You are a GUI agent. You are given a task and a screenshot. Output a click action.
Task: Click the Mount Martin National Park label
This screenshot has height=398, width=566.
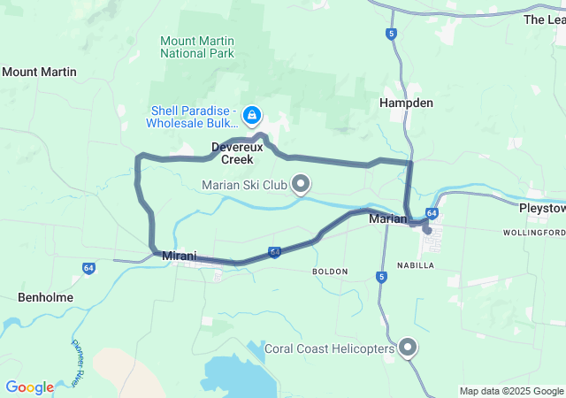point(196,46)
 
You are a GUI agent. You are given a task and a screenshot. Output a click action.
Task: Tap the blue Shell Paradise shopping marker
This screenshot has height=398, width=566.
point(252,115)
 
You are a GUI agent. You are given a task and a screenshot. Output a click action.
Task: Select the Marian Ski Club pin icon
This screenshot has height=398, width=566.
point(302,184)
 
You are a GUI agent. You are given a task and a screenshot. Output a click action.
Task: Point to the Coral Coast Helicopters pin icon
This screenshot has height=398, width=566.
point(408,348)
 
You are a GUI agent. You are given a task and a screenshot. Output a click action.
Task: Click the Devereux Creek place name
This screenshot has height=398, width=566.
point(233,153)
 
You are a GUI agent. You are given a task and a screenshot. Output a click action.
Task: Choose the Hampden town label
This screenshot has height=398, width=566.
point(406,103)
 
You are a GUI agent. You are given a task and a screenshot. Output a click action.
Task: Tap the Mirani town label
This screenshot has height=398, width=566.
point(180,255)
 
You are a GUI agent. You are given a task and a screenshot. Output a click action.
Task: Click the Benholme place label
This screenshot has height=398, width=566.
point(46,297)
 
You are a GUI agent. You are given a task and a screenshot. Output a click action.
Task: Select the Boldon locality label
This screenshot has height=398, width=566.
point(330,271)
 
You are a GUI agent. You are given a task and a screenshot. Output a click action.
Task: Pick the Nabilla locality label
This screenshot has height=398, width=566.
point(416,264)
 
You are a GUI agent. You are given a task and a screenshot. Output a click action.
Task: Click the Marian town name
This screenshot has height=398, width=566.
point(387,218)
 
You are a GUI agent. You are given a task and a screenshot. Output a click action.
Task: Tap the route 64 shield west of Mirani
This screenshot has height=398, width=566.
point(89,266)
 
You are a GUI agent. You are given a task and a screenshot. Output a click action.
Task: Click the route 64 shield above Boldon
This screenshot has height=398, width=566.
point(275,252)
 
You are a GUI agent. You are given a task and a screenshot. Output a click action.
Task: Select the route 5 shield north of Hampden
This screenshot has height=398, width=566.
point(391,34)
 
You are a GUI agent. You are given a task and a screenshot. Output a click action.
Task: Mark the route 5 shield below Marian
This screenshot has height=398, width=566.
point(381,277)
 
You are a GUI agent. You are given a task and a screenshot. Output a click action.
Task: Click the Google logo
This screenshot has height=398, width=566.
point(29,387)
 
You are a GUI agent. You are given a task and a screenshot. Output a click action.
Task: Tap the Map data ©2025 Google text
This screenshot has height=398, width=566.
point(511,391)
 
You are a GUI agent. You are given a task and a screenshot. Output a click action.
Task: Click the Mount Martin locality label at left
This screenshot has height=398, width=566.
point(39,72)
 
